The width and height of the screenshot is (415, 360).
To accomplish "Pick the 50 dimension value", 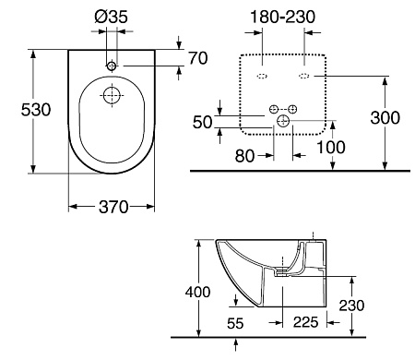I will pyautogui.click(x=202, y=122).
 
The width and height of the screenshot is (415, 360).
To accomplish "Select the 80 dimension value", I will pyautogui.click(x=243, y=155).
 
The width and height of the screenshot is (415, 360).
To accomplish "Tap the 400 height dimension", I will pyautogui.click(x=184, y=292).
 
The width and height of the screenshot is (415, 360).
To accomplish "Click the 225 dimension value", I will pyautogui.click(x=307, y=323).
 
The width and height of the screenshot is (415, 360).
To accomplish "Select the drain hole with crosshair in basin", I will pyautogui.click(x=111, y=95).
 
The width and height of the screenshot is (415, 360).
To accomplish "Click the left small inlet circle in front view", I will pyautogui.click(x=273, y=110).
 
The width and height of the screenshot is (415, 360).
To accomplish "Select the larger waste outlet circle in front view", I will pyautogui.click(x=283, y=121).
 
